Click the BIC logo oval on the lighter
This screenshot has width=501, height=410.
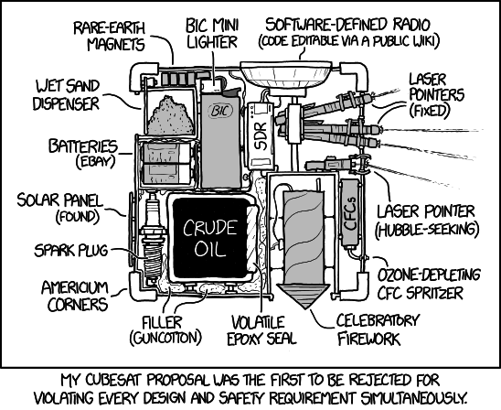click(x=220, y=111)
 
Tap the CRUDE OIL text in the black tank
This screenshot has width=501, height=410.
click(x=210, y=238)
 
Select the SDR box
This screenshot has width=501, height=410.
click(x=261, y=135)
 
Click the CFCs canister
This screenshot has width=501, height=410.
click(x=350, y=213)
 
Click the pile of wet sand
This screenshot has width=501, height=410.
click(x=170, y=116)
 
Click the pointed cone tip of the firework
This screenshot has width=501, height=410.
click(x=305, y=308)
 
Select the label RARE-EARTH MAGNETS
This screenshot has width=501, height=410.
click(x=110, y=37)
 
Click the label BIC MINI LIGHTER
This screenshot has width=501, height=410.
click(x=212, y=34)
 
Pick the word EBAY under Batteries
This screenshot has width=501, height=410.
click(x=95, y=162)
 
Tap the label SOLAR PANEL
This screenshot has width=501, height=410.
click(x=60, y=200)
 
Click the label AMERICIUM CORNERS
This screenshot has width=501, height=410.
click(x=75, y=297)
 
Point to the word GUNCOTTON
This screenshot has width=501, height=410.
click(x=165, y=338)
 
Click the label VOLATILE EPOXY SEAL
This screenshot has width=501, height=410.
click(x=261, y=330)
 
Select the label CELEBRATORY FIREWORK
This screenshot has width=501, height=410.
click(x=378, y=329)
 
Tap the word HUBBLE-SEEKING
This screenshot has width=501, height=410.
click(x=427, y=229)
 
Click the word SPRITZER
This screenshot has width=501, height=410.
click(x=434, y=293)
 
